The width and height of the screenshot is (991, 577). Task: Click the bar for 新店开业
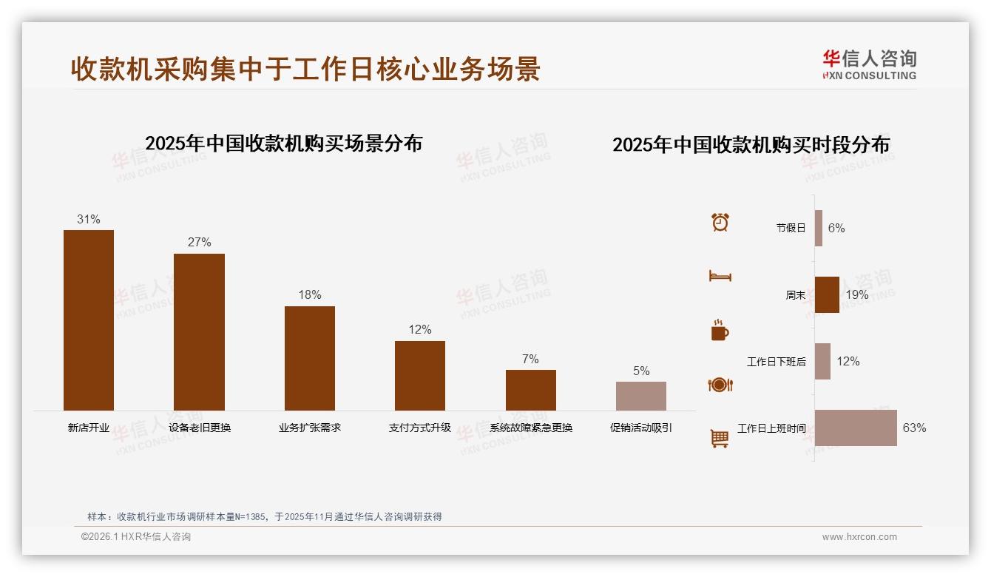pyautogui.click(x=89, y=320)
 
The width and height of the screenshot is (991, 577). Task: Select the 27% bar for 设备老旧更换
pyautogui.click(x=199, y=331)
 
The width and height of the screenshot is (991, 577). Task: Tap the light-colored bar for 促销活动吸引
pyautogui.click(x=641, y=396)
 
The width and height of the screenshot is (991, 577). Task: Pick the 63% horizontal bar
pyautogui.click(x=856, y=428)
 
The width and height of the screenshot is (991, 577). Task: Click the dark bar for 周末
pyautogui.click(x=827, y=294)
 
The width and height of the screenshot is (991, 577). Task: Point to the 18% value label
pyautogui.click(x=310, y=294)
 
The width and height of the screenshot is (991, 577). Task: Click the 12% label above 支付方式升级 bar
pyautogui.click(x=420, y=329)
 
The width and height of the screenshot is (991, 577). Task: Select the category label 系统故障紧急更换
pyautogui.click(x=530, y=428)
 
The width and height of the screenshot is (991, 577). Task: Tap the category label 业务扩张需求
pyautogui.click(x=310, y=428)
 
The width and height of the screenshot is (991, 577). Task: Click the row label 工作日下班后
pyautogui.click(x=776, y=362)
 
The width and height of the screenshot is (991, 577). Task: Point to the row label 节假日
pyautogui.click(x=791, y=228)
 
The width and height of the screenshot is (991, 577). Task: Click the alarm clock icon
pyautogui.click(x=720, y=222)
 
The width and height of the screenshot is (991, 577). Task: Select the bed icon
pyautogui.click(x=720, y=276)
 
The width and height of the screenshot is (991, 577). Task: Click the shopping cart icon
pyautogui.click(x=720, y=438)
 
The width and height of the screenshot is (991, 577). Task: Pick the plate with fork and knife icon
pyautogui.click(x=720, y=385)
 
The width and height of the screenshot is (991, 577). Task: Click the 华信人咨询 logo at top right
pyautogui.click(x=870, y=64)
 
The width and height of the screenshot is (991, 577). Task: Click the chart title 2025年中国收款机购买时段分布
pyautogui.click(x=751, y=144)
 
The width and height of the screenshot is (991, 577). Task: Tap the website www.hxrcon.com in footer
pyautogui.click(x=859, y=537)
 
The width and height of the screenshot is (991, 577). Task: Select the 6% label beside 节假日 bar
pyautogui.click(x=836, y=228)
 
